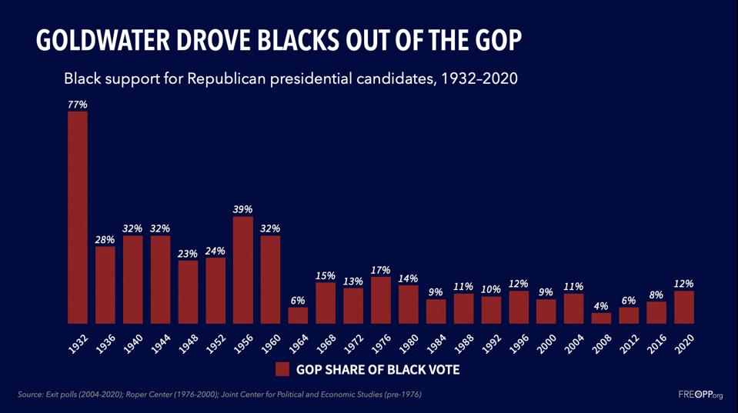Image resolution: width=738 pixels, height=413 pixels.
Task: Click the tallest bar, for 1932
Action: click(x=78, y=218)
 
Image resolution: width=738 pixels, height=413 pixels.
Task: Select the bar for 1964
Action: click(x=298, y=315)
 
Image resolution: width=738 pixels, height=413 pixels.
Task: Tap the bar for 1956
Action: click(x=242, y=270)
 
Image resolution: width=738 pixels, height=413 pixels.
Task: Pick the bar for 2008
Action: click(x=601, y=318)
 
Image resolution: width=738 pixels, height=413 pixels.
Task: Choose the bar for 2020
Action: click(x=683, y=307)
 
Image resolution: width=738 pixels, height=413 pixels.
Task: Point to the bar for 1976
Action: click(x=381, y=300)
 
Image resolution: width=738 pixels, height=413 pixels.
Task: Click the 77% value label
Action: click(x=78, y=104)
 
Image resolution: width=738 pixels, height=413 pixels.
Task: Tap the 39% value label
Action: click(x=242, y=209)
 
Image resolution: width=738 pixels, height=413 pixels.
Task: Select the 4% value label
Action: click(x=601, y=305)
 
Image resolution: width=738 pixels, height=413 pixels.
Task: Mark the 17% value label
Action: click(x=381, y=270)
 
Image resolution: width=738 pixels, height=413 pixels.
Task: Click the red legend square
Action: click(x=282, y=369)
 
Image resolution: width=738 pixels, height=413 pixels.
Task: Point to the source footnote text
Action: click(x=219, y=395)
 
